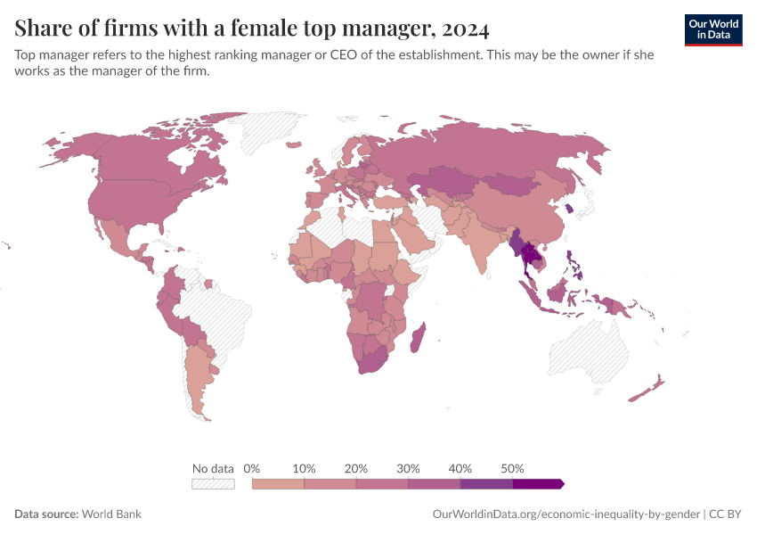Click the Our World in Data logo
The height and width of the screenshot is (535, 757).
click(x=712, y=29)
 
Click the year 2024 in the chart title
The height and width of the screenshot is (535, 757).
click(x=464, y=29)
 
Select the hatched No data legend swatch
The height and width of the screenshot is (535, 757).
click(x=213, y=484)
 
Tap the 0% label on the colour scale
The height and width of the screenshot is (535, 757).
click(x=251, y=468)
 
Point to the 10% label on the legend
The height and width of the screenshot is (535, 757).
click(x=305, y=468)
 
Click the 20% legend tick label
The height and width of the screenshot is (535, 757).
click(x=356, y=468)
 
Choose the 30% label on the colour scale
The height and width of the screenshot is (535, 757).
click(x=408, y=468)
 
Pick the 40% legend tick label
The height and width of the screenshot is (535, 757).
click(x=460, y=468)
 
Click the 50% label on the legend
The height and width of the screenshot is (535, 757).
click(x=512, y=468)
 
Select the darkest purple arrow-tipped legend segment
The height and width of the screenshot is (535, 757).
click(x=537, y=484)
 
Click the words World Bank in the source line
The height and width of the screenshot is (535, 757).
click(x=111, y=514)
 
